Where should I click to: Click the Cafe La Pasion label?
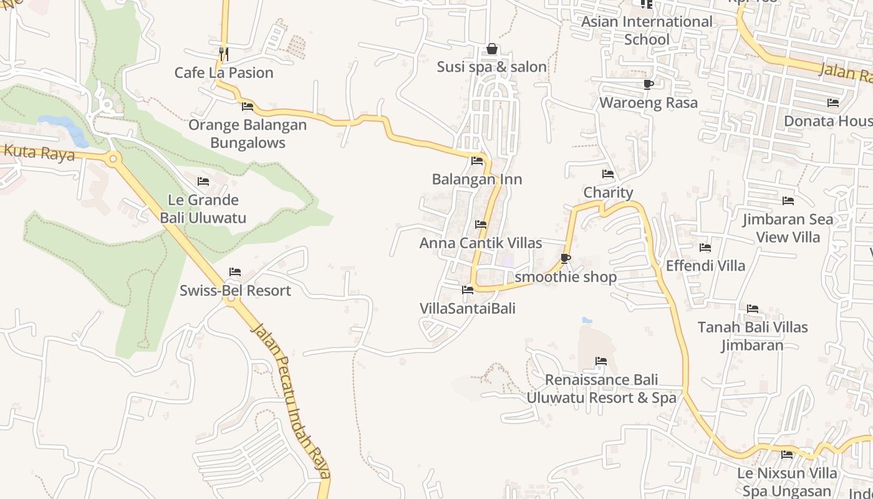tap(224, 72)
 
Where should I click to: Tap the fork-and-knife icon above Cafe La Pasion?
tap(224, 54)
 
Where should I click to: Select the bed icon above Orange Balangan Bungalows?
tap(248, 107)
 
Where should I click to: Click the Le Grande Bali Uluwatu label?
tap(203, 209)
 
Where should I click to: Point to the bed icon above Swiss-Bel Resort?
tap(235, 272)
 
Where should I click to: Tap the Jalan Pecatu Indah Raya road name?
tap(291, 399)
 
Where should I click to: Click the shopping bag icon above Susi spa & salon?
tap(492, 49)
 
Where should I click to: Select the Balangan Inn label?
tap(477, 180)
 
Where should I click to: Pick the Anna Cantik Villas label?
tap(481, 243)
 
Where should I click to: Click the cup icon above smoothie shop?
tap(566, 258)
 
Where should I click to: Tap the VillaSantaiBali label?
tap(468, 308)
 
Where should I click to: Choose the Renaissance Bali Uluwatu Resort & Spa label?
tap(601, 389)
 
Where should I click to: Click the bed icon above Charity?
tap(608, 174)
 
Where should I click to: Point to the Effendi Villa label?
tap(705, 266)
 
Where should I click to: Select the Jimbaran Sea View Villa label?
tap(788, 228)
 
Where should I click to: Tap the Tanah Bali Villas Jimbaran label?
tap(753, 336)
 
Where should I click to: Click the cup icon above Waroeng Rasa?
tap(648, 84)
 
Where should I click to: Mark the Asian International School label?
tap(647, 31)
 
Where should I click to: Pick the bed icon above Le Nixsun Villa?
tap(787, 455)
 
